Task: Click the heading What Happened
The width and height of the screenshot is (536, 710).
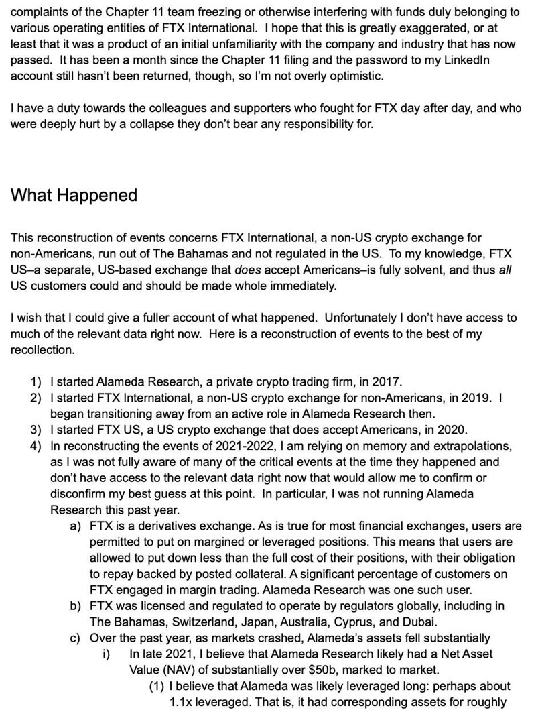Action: coord(74,195)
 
